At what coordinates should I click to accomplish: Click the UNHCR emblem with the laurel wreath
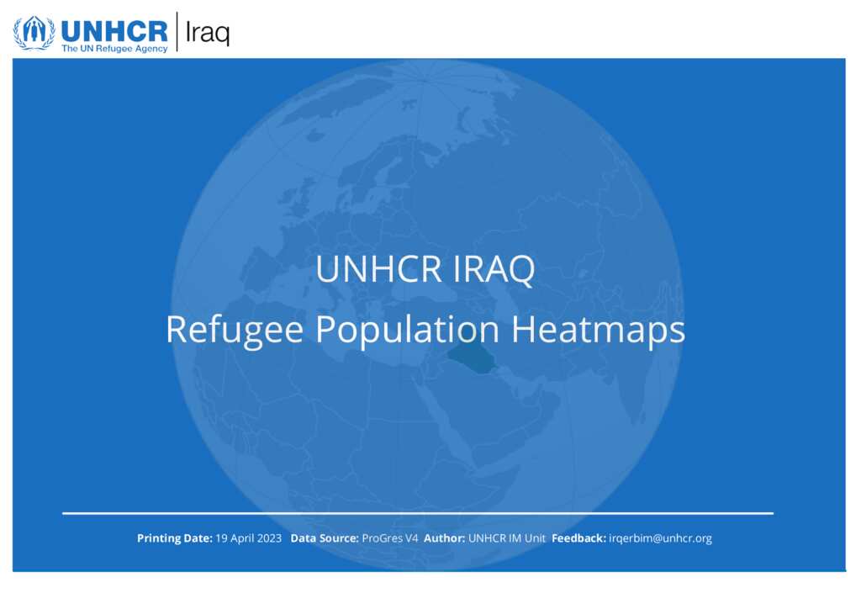click(x=34, y=33)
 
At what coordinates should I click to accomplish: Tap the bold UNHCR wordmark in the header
click(x=114, y=31)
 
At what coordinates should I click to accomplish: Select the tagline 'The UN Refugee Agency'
click(x=114, y=48)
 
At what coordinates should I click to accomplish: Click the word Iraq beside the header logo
click(x=208, y=33)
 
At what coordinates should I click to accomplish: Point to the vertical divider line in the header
click(x=177, y=32)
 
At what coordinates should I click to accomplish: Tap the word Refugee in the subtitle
click(x=235, y=330)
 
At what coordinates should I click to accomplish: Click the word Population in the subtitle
click(x=407, y=330)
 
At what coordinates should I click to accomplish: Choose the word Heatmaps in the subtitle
click(x=598, y=330)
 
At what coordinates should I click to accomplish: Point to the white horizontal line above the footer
click(x=418, y=513)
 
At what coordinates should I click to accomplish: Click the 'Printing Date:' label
click(x=175, y=538)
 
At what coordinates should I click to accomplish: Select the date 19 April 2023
click(x=248, y=538)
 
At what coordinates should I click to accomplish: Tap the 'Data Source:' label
click(x=325, y=538)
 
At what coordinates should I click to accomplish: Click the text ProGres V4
click(x=390, y=538)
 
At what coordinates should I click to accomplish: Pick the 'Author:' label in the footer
click(x=444, y=538)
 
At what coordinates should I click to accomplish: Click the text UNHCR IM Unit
click(x=507, y=538)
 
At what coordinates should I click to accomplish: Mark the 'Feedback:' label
click(x=578, y=538)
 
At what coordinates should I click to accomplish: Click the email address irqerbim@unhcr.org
click(x=660, y=538)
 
